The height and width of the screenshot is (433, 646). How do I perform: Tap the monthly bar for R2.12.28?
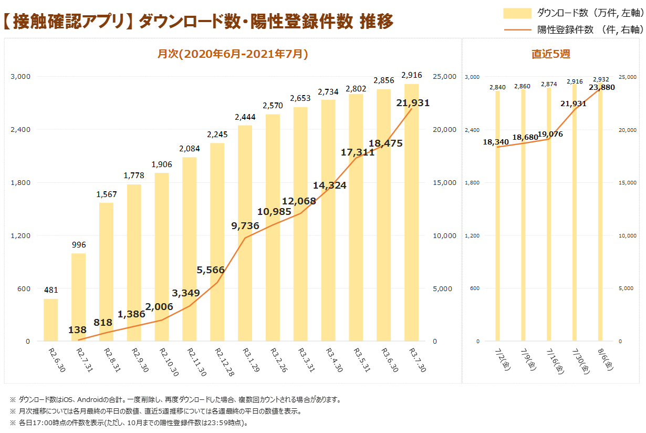click(x=217, y=242)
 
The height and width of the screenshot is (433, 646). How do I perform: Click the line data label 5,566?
click(x=211, y=270)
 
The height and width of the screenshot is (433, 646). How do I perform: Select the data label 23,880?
click(x=602, y=87)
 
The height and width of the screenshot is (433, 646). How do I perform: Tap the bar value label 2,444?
click(x=245, y=117)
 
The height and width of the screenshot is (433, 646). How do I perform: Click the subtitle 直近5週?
click(x=550, y=54)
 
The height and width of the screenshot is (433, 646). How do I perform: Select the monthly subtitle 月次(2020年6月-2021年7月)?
click(x=233, y=54)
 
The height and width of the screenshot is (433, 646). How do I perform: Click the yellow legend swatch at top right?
click(x=517, y=13)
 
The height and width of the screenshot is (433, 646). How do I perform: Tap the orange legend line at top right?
click(x=517, y=29)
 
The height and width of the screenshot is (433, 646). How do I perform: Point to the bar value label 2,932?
click(x=601, y=79)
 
